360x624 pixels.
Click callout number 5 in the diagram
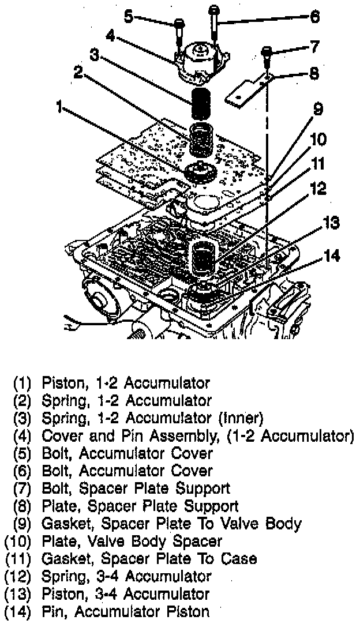pos(129,16)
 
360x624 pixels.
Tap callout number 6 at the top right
pos(314,17)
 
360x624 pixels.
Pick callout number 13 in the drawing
pos(331,223)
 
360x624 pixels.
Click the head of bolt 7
pos(267,52)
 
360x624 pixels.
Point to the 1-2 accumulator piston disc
pos(200,171)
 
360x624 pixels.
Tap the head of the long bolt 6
pos(215,10)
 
